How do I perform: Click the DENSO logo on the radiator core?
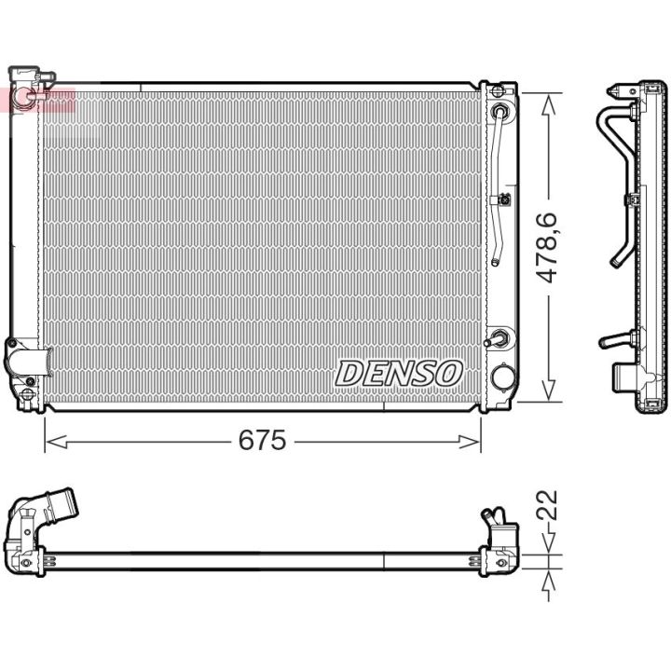(x=399, y=373)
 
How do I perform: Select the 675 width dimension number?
(x=262, y=440)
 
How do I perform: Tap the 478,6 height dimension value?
(x=548, y=247)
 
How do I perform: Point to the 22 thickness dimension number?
(x=547, y=504)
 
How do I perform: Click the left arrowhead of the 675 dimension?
(x=56, y=442)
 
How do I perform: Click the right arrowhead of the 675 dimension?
(x=470, y=442)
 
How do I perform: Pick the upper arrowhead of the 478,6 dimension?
(x=549, y=104)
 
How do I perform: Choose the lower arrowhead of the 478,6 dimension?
(x=549, y=390)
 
